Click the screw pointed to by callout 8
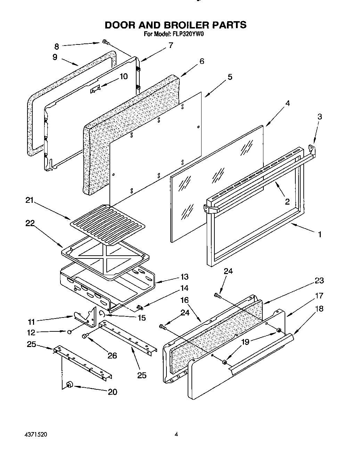coord(106,42)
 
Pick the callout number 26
coord(112,355)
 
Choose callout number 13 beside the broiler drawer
coord(184,276)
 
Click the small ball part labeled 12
coord(70,332)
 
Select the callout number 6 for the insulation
coord(202,61)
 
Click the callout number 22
coord(30,223)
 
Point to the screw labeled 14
coord(140,307)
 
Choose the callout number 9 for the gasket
coord(55,57)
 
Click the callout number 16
coord(184,300)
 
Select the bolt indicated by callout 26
coord(85,336)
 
